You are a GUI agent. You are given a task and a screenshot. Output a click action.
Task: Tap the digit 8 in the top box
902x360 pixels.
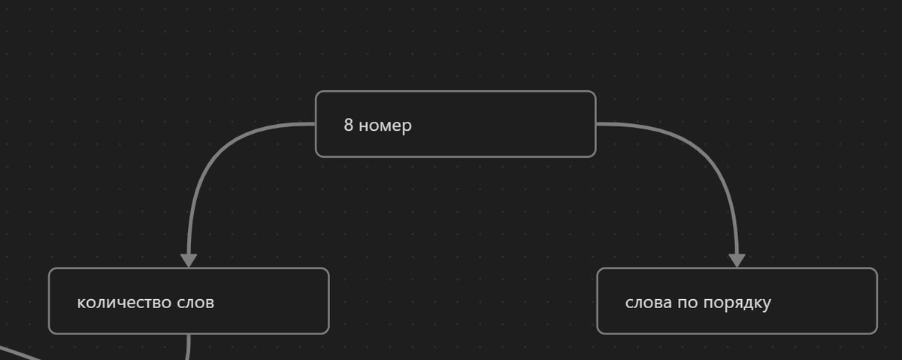pos(349,125)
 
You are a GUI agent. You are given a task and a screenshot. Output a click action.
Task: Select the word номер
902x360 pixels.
pos(385,126)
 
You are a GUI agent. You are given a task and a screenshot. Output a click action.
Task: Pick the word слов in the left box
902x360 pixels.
pos(195,302)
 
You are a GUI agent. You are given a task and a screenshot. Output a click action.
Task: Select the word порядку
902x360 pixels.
pos(737,303)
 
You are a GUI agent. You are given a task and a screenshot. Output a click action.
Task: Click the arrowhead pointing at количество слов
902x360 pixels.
pos(189,260)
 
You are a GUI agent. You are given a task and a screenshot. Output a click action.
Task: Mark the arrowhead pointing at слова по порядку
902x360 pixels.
pos(737,260)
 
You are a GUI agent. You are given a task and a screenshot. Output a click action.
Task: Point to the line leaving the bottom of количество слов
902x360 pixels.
pos(188,346)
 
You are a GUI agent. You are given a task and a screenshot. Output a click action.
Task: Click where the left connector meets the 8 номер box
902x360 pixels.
pos(315,124)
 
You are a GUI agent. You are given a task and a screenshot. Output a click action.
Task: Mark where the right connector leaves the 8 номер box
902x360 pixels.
pos(596,124)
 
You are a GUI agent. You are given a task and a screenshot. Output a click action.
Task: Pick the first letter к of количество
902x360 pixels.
pos(80,303)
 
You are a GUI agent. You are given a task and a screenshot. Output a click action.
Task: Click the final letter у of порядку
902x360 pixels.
pos(767,304)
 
